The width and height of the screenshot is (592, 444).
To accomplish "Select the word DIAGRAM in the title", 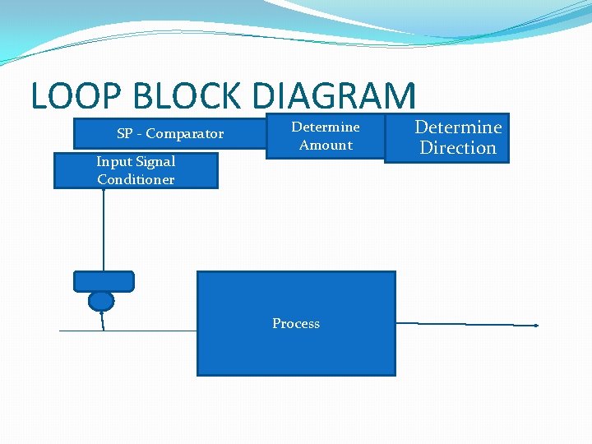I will (335, 96).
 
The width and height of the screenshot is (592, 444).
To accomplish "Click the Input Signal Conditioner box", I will (136, 171).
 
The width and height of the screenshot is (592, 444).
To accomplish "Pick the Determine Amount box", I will (326, 136).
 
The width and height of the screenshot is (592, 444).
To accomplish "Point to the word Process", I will (296, 324).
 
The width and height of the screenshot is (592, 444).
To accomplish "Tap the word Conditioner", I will (136, 180).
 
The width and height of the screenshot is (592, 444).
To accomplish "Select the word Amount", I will (326, 146).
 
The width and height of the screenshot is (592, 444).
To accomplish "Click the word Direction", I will (458, 148).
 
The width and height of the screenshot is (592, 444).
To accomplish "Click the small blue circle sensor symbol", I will (101, 301).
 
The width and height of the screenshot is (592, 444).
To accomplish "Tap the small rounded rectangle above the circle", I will (104, 281).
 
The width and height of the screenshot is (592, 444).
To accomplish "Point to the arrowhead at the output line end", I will (535, 326).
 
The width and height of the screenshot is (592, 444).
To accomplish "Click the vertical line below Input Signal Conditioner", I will (104, 230).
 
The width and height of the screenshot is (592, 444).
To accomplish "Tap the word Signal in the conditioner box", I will (155, 162).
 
